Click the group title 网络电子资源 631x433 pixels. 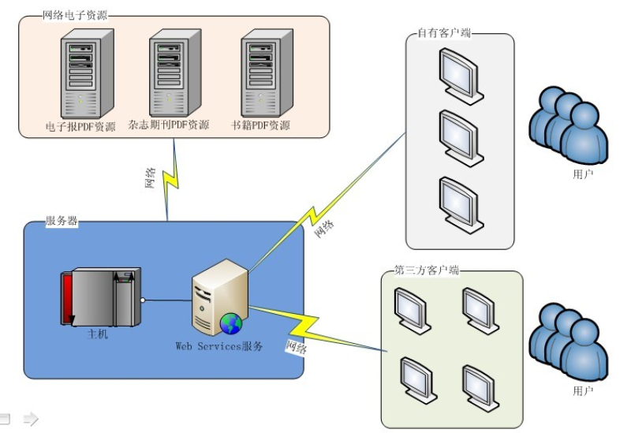[x=74, y=15]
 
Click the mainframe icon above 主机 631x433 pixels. [x=100, y=297]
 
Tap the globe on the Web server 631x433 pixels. [x=231, y=323]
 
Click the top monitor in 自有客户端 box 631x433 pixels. [x=461, y=75]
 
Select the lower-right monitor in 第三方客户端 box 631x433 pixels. [x=480, y=385]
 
